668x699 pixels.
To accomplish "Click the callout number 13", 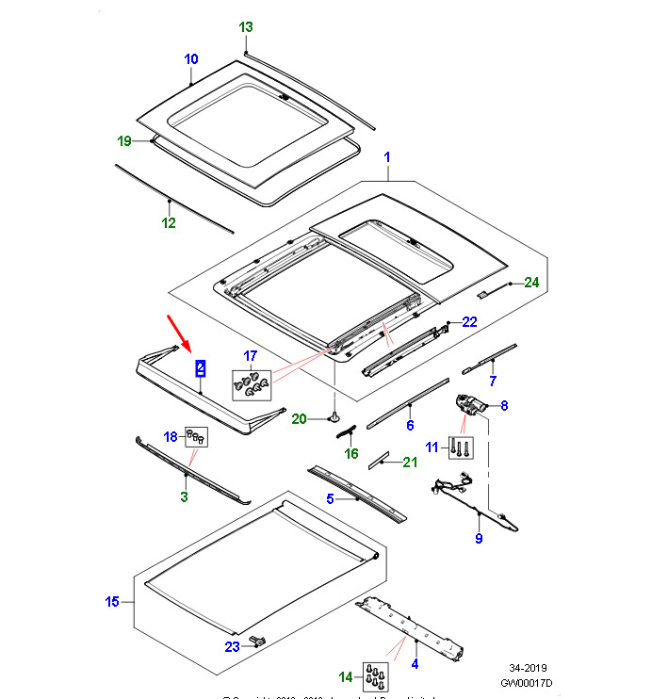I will coord(246,27).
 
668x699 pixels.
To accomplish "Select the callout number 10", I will coord(190,59).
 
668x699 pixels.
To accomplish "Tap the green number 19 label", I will coord(124,141).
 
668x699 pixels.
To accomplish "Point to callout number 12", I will coord(169,223).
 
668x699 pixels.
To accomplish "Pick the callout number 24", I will coord(531,282).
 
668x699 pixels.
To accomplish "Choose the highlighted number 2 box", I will coord(200,367).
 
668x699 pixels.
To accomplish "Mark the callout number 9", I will coord(478,539).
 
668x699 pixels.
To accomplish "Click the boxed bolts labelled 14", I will coord(376,675).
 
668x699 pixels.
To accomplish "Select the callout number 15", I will coord(112,602).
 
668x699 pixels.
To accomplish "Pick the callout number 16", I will coord(351,453).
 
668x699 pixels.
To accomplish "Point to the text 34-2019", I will coord(529,665).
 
